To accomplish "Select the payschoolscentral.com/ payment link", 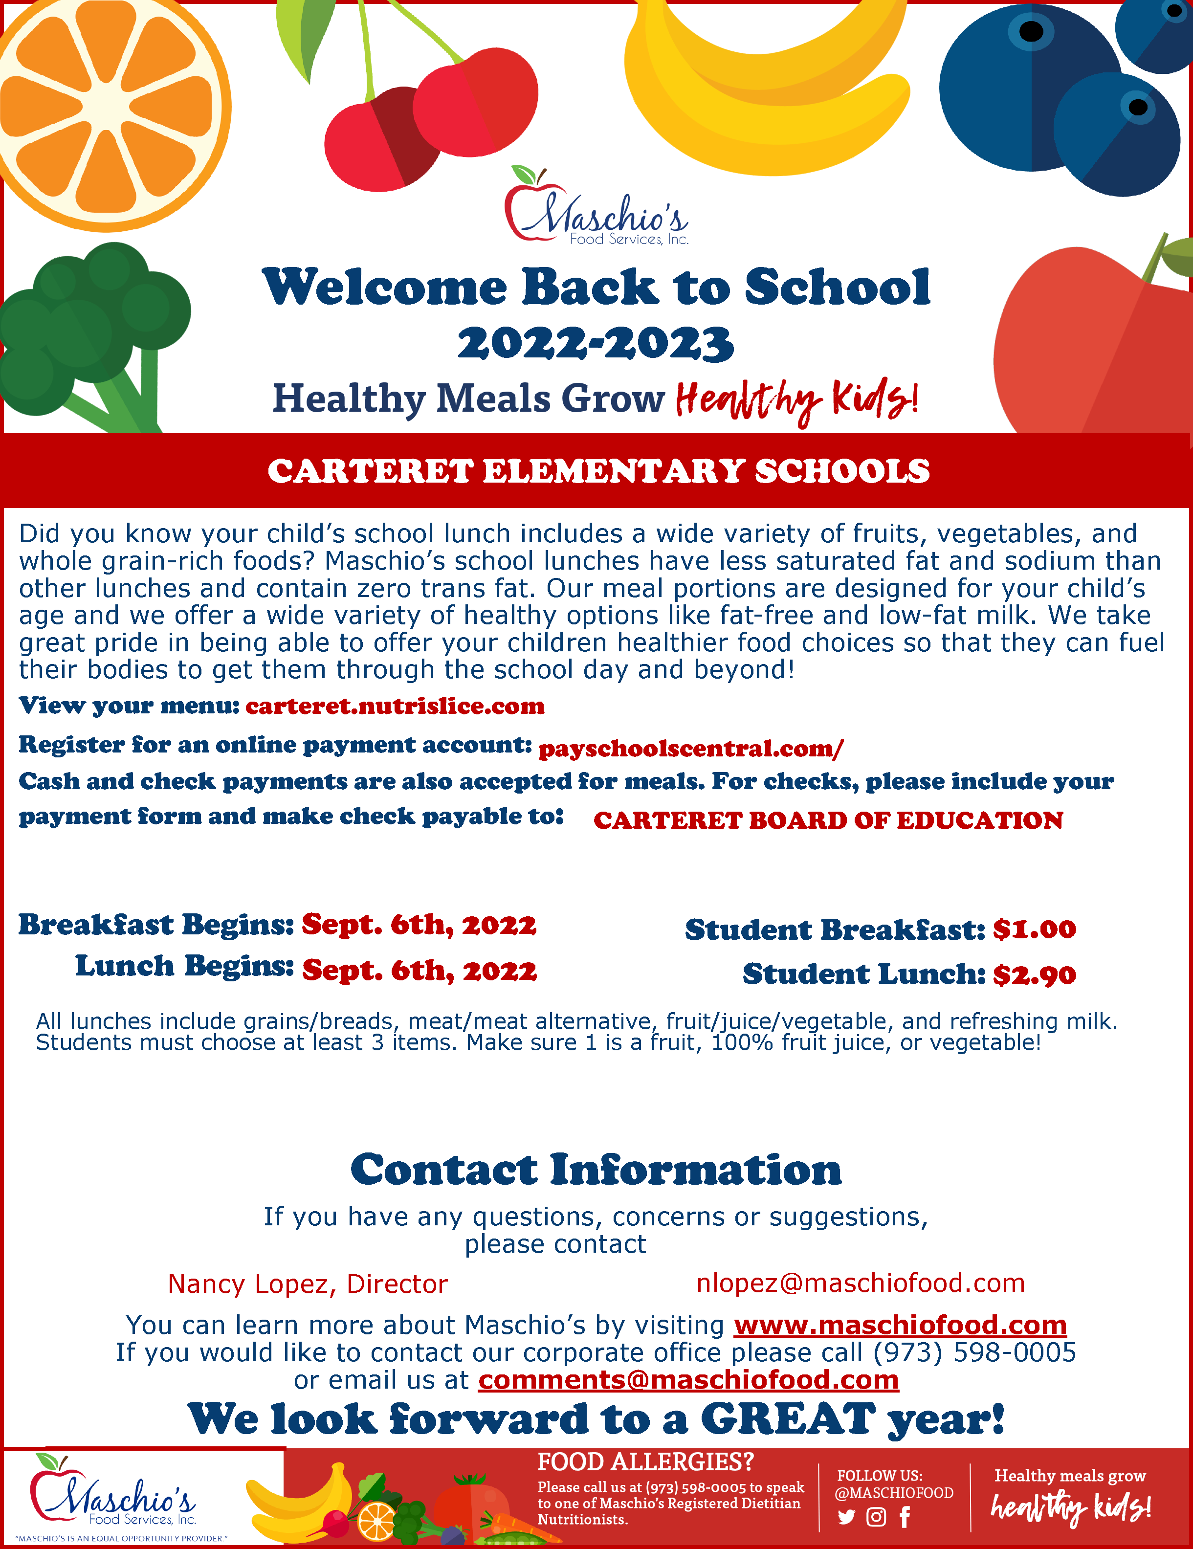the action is coord(691,748).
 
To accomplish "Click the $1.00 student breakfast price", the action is coord(1034,929).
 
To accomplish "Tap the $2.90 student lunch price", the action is coord(1034,974).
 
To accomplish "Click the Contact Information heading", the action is coord(596,1170).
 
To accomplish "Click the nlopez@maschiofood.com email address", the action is coord(861,1283).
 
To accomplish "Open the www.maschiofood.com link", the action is coord(900,1325).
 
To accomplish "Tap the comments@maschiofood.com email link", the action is coord(689,1379).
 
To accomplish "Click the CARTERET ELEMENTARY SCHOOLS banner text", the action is coord(598,471).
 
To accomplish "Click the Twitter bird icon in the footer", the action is coord(846,1517).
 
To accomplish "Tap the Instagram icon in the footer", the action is coord(877,1517).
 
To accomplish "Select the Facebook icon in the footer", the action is coord(905,1517).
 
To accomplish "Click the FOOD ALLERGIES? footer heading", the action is coord(645,1462).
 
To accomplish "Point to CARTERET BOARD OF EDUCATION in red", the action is coord(828,820).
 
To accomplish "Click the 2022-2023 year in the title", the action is coord(596,344).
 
